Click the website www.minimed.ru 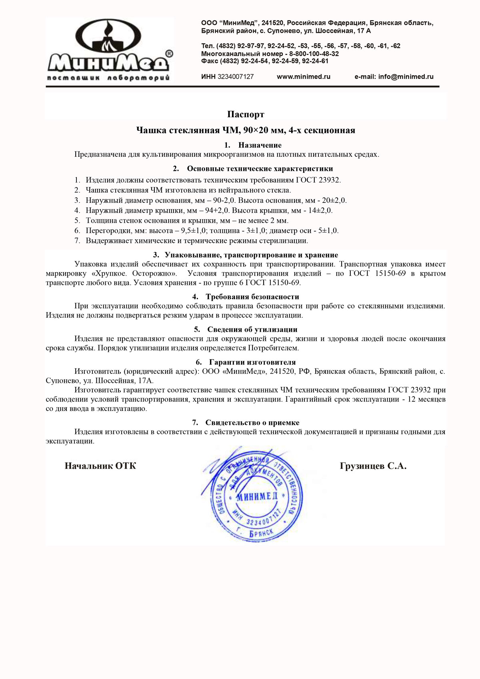[303, 77]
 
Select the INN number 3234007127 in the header [236, 77]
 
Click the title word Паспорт [246, 114]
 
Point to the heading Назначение [260, 145]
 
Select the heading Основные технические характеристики [260, 169]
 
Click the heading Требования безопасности [252, 297]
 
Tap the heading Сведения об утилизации [252, 330]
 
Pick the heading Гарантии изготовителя [252, 363]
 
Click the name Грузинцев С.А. [373, 466]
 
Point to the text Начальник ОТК [100, 466]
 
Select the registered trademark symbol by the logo [169, 54]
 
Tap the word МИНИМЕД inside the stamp [257, 497]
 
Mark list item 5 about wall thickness [187, 220]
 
